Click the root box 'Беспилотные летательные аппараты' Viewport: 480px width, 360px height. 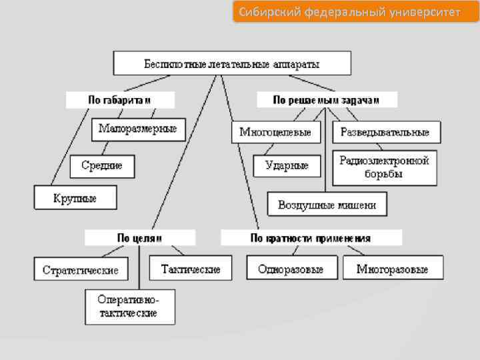coord(232,65)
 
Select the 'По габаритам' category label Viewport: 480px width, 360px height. coord(120,100)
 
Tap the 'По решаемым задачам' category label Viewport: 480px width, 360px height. coord(327,100)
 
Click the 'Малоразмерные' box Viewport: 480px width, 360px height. coord(138,129)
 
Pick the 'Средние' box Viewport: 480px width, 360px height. coord(102,165)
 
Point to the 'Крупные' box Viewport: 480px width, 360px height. coord(75,198)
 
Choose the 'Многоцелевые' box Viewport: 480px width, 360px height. coord(275,132)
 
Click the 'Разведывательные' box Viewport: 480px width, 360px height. coord(385,132)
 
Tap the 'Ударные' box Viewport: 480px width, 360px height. coord(287,165)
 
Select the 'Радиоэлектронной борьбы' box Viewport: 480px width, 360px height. coord(384,167)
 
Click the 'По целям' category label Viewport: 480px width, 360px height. coord(140,238)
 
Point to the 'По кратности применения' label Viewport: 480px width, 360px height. coord(311,238)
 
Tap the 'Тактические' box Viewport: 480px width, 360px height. coord(191,269)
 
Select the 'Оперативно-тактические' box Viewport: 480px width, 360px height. coord(129,307)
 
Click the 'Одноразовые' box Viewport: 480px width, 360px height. coord(291,269)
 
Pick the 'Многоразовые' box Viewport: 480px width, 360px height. coord(392,269)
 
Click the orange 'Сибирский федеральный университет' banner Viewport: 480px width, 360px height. coord(355,12)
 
